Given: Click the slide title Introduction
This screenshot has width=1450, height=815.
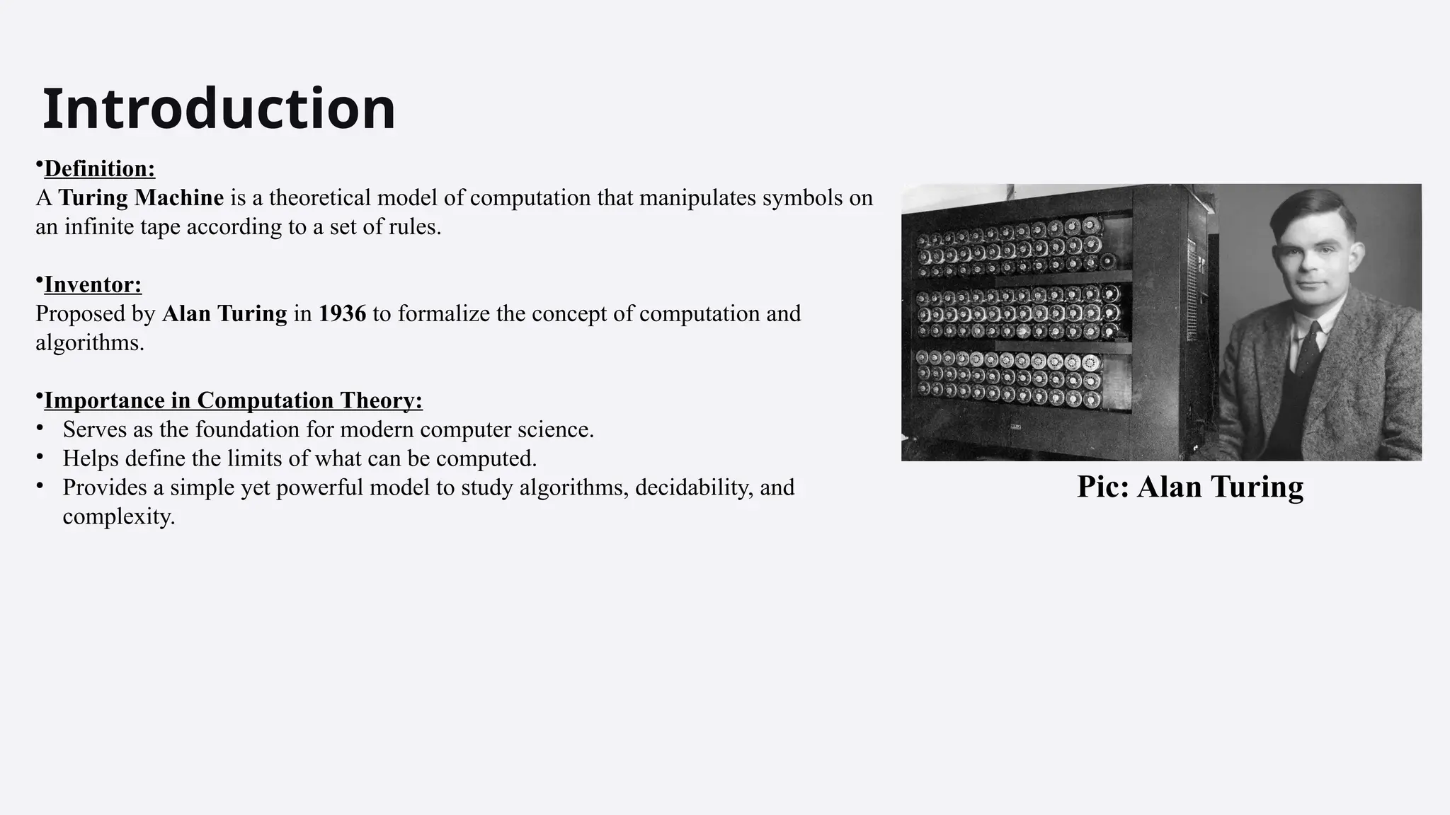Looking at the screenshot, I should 219,109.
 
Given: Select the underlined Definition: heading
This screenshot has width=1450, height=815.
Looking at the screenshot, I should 99,169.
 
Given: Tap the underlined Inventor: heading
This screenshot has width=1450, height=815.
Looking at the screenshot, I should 93,285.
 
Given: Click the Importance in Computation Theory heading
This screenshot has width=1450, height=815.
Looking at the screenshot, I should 233,401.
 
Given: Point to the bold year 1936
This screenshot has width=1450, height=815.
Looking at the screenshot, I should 342,313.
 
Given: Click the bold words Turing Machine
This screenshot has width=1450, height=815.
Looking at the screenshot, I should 141,197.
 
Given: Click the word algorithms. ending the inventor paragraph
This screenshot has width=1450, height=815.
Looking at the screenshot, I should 90,343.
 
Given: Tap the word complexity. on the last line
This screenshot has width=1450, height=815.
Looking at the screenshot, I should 118,516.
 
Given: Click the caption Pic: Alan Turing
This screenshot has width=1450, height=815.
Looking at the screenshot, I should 1189,487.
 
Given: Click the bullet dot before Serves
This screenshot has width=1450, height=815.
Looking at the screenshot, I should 40,428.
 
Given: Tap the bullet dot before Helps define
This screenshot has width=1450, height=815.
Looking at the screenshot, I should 40,457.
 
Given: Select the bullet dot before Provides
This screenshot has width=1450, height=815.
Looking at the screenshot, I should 40,486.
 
